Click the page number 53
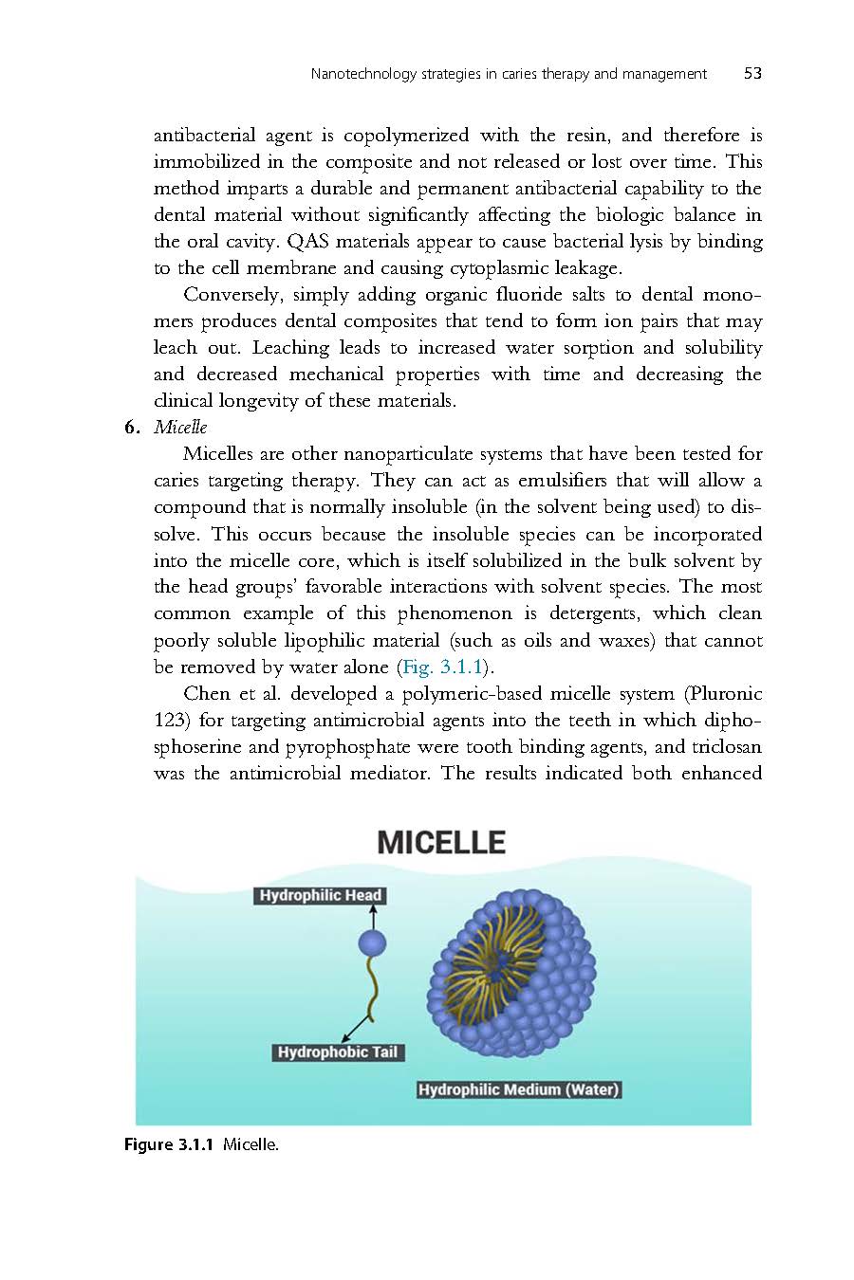coord(752,74)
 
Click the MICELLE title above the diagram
coord(441,843)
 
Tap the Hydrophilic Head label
coord(320,895)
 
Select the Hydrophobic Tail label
coord(338,1052)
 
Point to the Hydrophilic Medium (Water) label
coord(519,1089)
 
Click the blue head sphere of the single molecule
coord(372,942)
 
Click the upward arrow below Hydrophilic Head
coord(373,917)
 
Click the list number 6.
coord(132,428)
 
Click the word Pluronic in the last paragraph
coord(722,693)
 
